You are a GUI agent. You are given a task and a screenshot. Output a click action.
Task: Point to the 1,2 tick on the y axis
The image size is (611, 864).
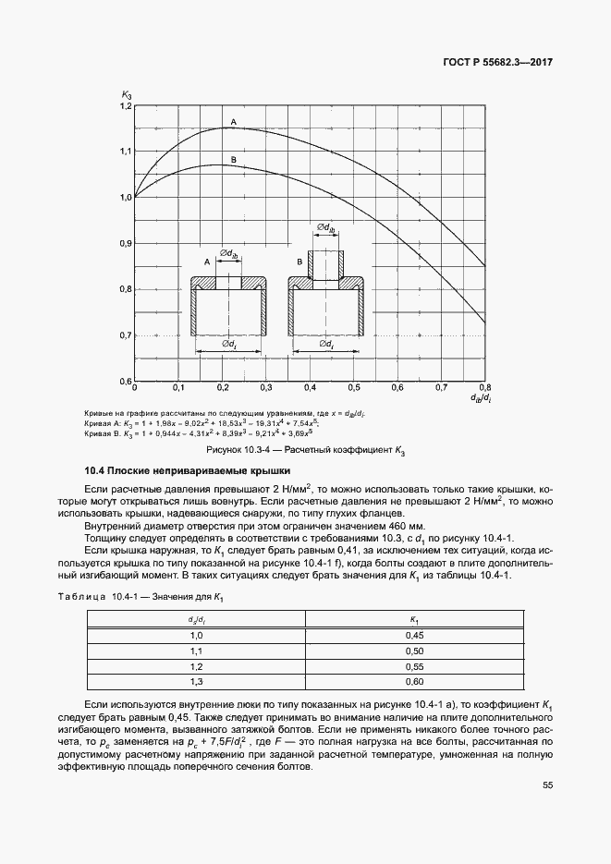coord(126,107)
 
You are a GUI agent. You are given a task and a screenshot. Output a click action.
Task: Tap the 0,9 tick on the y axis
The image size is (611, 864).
coord(126,244)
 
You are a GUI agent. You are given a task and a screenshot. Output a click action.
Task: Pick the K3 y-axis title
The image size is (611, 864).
coord(126,93)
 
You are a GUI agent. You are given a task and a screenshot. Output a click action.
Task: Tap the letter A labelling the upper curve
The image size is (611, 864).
coord(233,122)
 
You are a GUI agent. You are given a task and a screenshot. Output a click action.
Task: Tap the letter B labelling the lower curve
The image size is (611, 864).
coord(234,161)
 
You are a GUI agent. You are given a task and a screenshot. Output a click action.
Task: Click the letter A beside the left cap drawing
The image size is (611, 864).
coord(205,262)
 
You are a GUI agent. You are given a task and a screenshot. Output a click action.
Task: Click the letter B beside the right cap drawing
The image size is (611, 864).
coord(299,262)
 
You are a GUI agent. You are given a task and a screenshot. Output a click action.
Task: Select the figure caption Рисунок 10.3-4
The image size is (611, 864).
coord(305,452)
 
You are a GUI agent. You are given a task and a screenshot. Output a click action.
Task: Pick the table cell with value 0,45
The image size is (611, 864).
coord(414,635)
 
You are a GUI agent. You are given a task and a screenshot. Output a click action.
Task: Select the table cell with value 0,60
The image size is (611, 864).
coord(414,681)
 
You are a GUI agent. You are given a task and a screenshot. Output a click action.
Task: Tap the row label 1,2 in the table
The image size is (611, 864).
coord(195,666)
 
